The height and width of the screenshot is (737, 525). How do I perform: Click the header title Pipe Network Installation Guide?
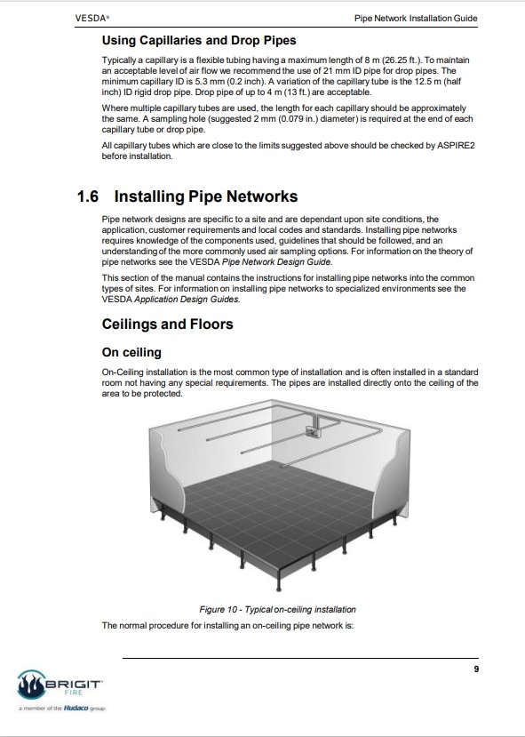click(x=416, y=19)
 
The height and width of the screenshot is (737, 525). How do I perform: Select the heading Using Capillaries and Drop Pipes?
click(x=199, y=40)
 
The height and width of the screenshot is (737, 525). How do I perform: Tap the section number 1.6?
click(x=88, y=196)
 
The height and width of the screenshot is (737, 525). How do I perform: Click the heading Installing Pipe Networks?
click(x=206, y=196)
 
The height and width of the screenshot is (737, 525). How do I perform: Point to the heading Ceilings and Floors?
click(x=167, y=324)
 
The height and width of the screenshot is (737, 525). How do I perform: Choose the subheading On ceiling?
click(x=131, y=353)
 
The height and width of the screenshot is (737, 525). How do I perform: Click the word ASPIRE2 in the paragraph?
click(x=456, y=146)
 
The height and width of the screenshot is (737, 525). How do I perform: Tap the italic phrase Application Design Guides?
click(x=187, y=300)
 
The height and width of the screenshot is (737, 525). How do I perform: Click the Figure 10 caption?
click(x=277, y=610)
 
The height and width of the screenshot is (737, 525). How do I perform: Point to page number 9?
click(x=476, y=669)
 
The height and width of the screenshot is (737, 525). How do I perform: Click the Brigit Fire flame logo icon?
click(x=31, y=685)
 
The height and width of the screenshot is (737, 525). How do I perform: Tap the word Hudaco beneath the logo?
click(x=76, y=708)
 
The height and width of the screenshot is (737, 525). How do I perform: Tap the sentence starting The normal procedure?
click(x=227, y=626)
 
